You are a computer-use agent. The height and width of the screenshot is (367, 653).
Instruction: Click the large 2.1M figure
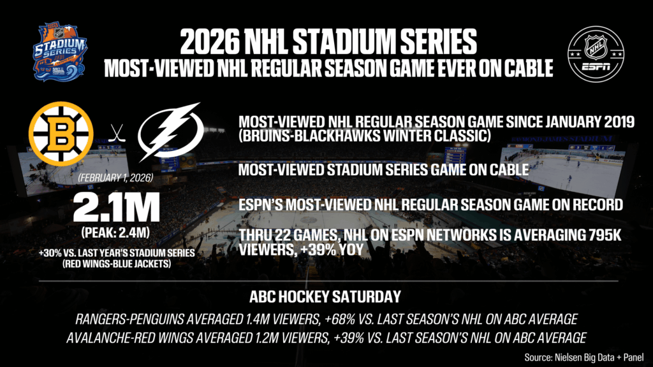point(115,207)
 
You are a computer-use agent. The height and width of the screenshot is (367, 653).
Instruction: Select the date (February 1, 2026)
point(115,180)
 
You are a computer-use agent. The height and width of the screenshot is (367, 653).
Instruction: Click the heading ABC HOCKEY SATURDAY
point(326,296)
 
